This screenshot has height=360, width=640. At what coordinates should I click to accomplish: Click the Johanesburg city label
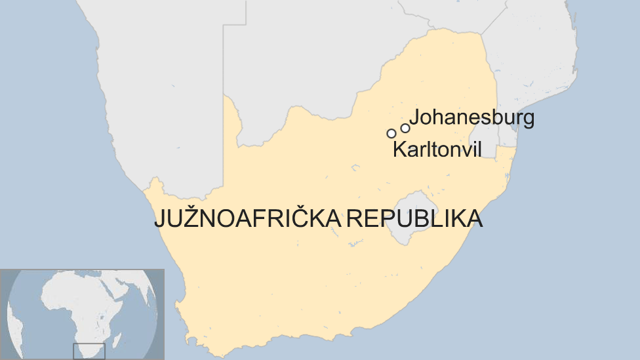pyautogui.click(x=471, y=118)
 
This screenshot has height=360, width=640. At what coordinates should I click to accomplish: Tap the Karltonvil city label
pyautogui.click(x=437, y=150)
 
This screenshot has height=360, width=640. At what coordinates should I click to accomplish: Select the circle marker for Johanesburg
pyautogui.click(x=405, y=128)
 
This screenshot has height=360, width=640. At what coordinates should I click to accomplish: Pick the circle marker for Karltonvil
pyautogui.click(x=391, y=133)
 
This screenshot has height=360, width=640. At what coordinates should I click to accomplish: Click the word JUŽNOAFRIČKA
pyautogui.click(x=247, y=218)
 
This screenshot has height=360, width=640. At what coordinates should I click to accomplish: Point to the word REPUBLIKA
pyautogui.click(x=414, y=218)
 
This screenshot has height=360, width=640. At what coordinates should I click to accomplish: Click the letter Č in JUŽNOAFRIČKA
pyautogui.click(x=302, y=218)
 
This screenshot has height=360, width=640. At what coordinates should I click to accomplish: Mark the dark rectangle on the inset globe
pyautogui.click(x=89, y=351)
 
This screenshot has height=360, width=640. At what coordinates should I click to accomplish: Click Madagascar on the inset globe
pyautogui.click(x=117, y=340)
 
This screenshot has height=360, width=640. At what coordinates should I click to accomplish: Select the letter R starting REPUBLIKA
pyautogui.click(x=352, y=218)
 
